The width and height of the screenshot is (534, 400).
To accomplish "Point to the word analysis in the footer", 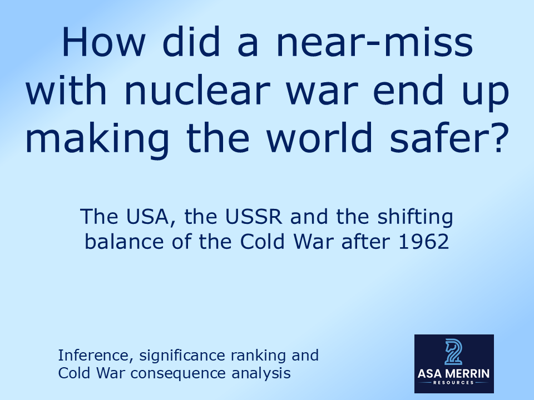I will (263, 373).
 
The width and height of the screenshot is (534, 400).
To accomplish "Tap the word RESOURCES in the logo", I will (454, 383).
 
